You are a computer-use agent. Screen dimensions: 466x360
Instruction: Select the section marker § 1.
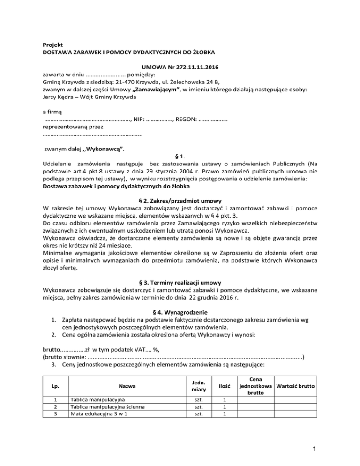tap(180, 157)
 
